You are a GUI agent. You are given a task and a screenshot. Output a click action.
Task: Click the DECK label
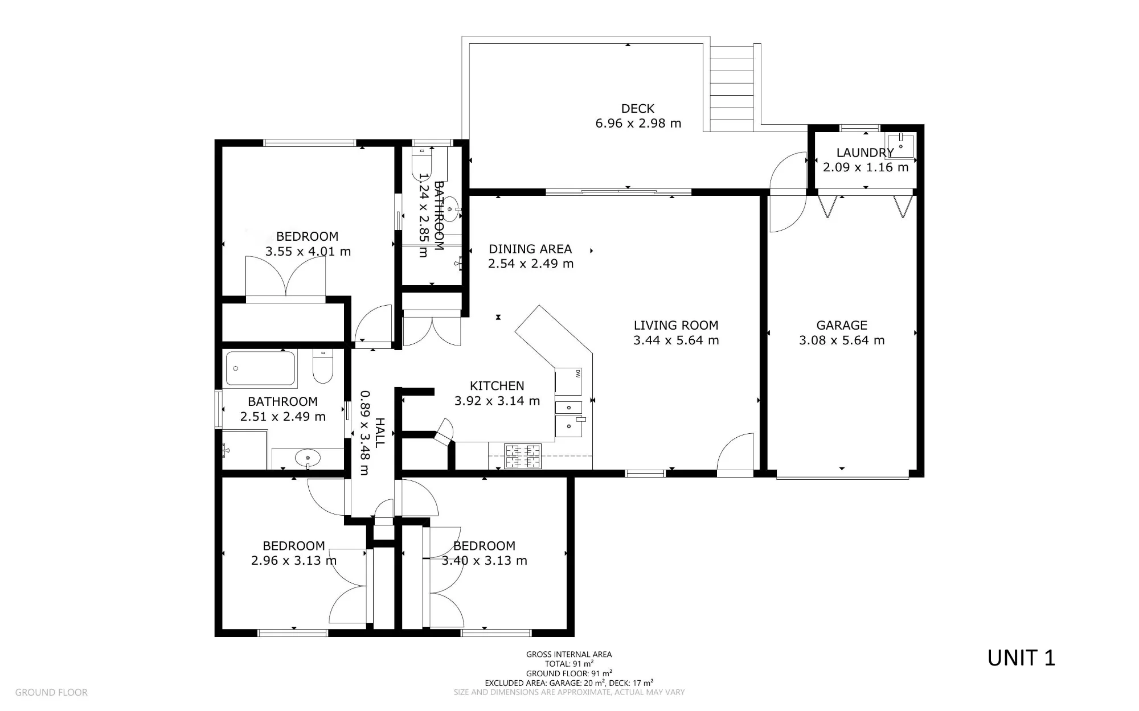[x=637, y=108]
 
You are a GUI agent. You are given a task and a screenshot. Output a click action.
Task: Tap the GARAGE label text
[x=842, y=325]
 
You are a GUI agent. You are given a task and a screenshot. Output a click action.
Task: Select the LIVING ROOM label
[x=676, y=325]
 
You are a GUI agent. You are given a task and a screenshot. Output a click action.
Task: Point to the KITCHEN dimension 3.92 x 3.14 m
[x=497, y=401]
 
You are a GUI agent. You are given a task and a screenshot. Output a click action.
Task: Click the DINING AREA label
[x=530, y=249]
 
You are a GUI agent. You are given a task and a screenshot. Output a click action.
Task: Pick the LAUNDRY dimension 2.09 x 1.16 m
[x=866, y=167]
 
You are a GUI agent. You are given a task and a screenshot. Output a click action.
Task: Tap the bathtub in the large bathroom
[x=261, y=368]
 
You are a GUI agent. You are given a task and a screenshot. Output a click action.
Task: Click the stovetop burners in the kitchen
[x=523, y=456]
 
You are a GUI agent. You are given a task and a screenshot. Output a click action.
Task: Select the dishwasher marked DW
[x=568, y=381]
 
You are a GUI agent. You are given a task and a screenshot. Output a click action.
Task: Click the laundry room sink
[x=901, y=146]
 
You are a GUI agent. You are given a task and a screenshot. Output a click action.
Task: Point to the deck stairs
[x=732, y=88]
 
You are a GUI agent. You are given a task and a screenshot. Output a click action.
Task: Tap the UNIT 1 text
[x=1021, y=658]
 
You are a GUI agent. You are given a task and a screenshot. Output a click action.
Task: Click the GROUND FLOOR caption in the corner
[x=51, y=692]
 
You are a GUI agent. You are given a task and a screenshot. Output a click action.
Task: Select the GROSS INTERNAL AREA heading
[x=569, y=655]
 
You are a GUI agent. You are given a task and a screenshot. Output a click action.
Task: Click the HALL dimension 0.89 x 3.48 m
[x=365, y=433]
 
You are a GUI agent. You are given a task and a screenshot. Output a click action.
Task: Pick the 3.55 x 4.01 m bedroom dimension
[x=308, y=251]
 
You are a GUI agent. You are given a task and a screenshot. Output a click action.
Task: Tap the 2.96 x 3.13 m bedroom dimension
[x=294, y=561]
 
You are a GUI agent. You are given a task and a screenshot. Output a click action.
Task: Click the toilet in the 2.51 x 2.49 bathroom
[x=323, y=367]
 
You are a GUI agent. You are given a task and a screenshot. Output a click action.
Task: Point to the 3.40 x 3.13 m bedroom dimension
[x=485, y=561]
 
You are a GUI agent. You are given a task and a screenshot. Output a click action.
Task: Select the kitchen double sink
[x=569, y=418]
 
